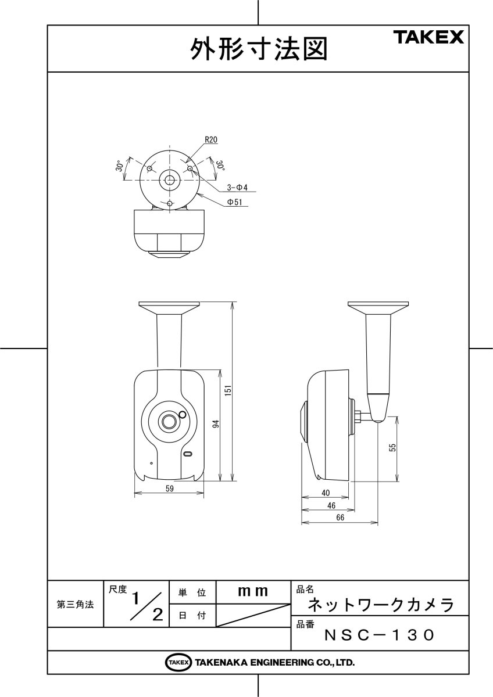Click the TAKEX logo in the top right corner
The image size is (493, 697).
[430, 38]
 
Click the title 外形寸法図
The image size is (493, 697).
[259, 49]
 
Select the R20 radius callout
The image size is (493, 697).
[211, 140]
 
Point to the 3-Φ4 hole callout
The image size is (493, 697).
[237, 188]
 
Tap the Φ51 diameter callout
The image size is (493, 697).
[235, 202]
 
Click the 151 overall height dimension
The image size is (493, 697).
[228, 391]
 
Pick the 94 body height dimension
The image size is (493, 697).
[215, 425]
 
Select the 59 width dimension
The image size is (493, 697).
[169, 489]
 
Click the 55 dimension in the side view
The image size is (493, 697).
[392, 447]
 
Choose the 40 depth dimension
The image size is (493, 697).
[326, 493]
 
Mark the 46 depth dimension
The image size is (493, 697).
[331, 505]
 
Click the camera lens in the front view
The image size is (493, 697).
[169, 421]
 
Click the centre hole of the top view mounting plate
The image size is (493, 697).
[169, 180]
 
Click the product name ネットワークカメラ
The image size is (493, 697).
[380, 605]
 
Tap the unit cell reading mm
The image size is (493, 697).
[253, 592]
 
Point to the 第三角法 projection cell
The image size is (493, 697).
[76, 604]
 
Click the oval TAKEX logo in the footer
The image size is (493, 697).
[178, 662]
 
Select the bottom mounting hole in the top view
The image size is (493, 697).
[169, 203]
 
